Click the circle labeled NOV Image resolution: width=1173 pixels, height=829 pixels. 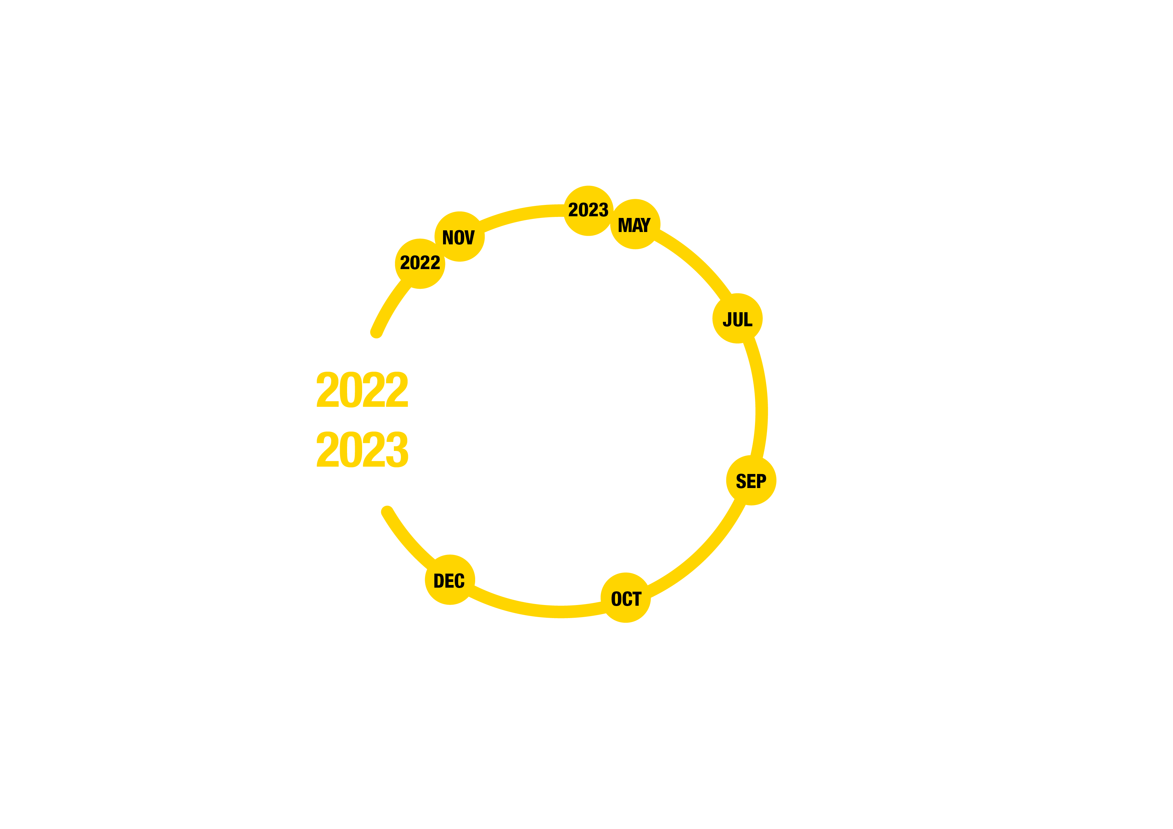[459, 236]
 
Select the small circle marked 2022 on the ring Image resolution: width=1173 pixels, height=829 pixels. [420, 263]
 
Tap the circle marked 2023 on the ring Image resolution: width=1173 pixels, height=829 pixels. [589, 211]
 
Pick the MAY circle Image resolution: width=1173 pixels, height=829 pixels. [635, 224]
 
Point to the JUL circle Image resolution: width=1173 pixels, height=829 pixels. [737, 318]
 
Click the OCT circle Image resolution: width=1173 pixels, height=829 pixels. [626, 598]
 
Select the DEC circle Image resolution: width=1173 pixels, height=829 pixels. [450, 580]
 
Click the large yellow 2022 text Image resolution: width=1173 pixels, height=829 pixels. [362, 389]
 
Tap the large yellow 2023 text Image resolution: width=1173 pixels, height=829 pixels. [362, 450]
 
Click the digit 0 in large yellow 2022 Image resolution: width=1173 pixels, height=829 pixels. [351, 389]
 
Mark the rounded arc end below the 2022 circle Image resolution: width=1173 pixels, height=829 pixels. [376, 333]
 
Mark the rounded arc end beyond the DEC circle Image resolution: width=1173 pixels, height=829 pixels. [387, 511]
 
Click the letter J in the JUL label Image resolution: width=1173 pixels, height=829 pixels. [727, 319]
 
